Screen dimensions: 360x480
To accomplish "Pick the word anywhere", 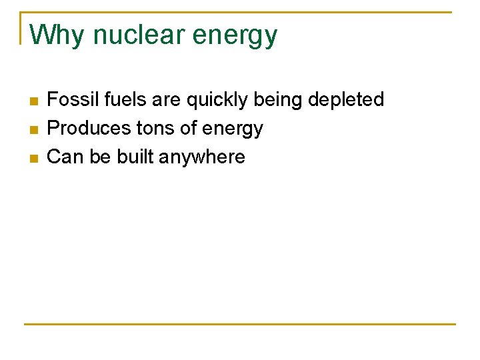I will [202, 158].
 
